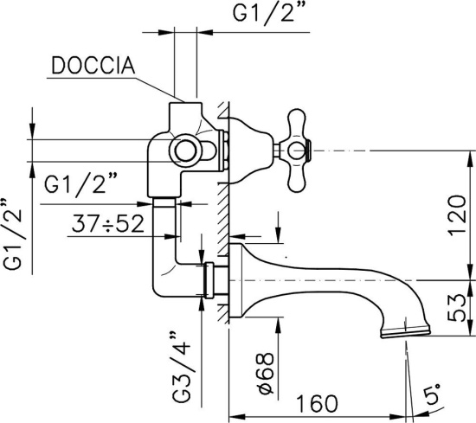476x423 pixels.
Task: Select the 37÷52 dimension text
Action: point(108,225)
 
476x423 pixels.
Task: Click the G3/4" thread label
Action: point(181,367)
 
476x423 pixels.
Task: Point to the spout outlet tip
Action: point(405,331)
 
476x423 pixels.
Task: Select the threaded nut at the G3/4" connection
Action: point(208,279)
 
